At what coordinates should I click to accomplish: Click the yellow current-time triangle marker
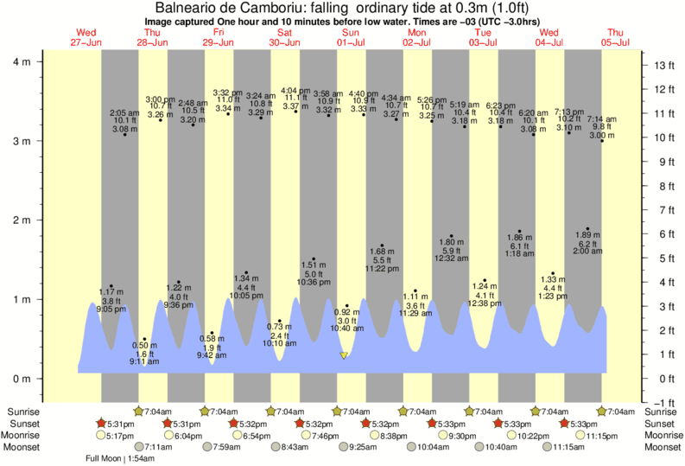point(344,355)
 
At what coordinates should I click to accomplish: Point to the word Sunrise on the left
point(24,412)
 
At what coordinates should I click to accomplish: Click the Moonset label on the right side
point(661,447)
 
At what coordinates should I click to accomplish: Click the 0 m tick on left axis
point(24,379)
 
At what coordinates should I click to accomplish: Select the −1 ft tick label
point(662,403)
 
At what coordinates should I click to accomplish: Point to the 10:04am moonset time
point(423,447)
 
